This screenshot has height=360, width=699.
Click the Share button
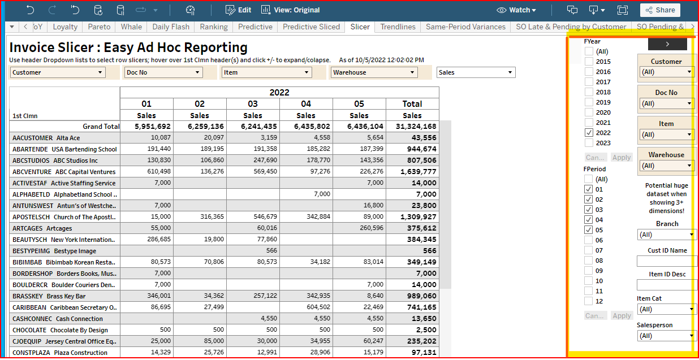coord(660,10)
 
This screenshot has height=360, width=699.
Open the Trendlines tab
coord(398,27)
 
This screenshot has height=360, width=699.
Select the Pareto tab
coord(100,27)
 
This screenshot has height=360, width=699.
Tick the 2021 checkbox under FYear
coord(589,123)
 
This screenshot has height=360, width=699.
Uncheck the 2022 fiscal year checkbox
coord(589,133)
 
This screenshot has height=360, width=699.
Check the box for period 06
coord(589,240)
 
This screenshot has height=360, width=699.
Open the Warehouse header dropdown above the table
coord(374,72)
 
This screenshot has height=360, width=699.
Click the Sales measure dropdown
coord(476,72)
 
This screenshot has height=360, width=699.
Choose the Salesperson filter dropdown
coord(666,336)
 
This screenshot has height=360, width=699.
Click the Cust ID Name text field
coord(666,261)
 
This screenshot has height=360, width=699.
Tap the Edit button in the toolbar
coord(238,10)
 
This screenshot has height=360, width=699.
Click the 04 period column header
coord(306,104)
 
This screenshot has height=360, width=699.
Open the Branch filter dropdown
coord(666,235)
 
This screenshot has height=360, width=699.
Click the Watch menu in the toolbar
coord(516,10)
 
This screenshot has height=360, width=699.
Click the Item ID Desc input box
coord(666,285)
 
